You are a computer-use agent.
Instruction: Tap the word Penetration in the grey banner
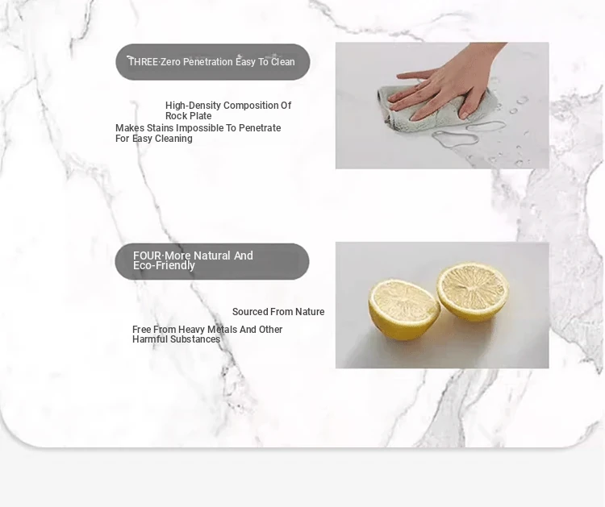pos(207,62)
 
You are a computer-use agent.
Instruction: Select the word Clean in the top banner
pos(283,62)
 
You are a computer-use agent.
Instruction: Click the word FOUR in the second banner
pos(147,256)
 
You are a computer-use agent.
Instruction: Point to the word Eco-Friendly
pos(164,266)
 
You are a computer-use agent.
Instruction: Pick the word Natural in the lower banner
pos(212,256)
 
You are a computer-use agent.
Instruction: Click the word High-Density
pos(193,106)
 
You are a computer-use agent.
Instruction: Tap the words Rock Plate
pos(188,116)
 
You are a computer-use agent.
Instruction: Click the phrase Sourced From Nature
pos(278,312)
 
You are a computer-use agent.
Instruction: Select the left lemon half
pos(404,310)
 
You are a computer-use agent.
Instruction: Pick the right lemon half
pos(473,292)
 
